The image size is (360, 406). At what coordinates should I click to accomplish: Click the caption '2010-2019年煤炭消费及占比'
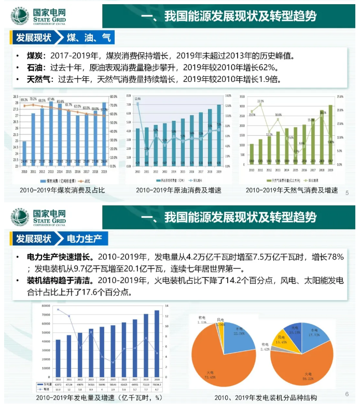point(62,191)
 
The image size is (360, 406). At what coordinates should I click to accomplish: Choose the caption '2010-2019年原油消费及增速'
point(178,191)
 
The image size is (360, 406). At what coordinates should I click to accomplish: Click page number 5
point(347,192)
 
